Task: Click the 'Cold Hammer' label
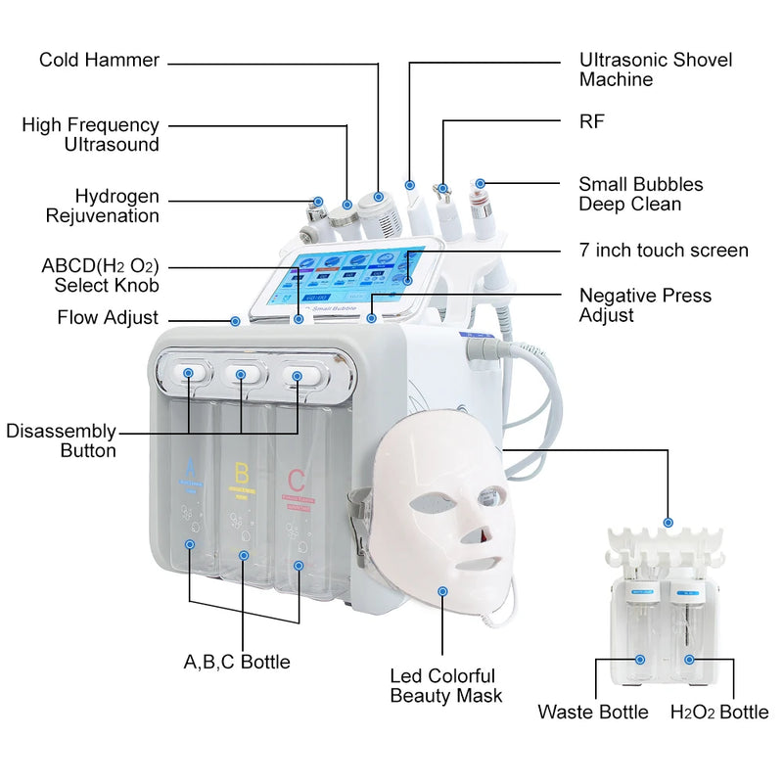(x=99, y=61)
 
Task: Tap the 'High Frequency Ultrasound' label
(x=90, y=135)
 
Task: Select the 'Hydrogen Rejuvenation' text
(x=116, y=207)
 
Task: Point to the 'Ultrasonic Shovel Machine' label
(x=655, y=70)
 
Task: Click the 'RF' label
(x=592, y=121)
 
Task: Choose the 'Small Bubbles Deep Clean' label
(x=640, y=194)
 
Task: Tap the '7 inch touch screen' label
(x=664, y=251)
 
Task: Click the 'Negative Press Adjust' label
(x=645, y=304)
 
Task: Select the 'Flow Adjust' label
(x=108, y=318)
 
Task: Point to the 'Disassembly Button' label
(x=61, y=441)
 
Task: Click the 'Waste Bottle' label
(x=592, y=712)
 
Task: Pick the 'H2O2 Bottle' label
(x=718, y=712)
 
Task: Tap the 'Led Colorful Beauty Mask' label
(x=445, y=685)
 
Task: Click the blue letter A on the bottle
(x=191, y=469)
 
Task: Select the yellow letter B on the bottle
(x=242, y=475)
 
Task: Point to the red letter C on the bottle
(x=296, y=480)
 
